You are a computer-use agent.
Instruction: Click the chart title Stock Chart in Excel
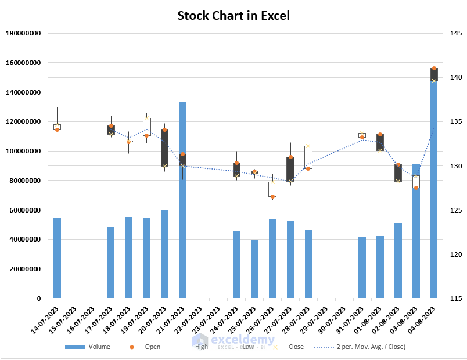click(x=233, y=15)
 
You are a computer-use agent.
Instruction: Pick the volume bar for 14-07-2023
click(x=57, y=258)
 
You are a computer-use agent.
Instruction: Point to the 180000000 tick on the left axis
click(x=23, y=33)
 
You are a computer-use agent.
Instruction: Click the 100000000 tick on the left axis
click(x=23, y=151)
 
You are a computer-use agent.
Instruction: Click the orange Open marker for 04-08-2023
click(x=434, y=69)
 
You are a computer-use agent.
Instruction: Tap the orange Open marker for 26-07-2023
click(x=272, y=197)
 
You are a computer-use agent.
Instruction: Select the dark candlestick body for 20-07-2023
click(x=165, y=148)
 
